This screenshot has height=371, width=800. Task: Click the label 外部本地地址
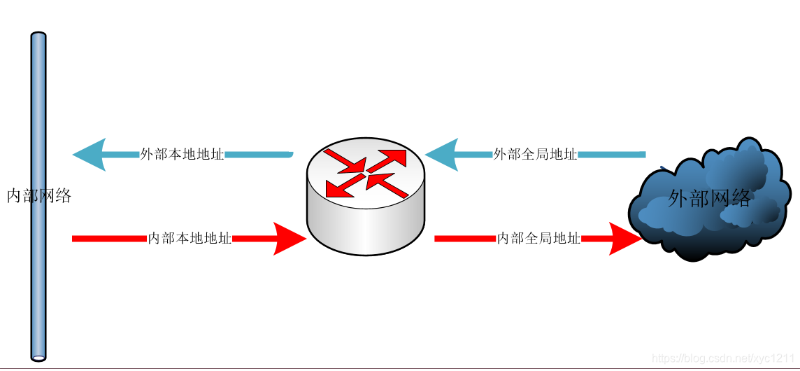tap(182, 154)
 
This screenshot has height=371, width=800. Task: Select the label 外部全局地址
tap(535, 154)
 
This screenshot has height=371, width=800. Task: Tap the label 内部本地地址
tap(190, 238)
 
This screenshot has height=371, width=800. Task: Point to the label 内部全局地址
tap(538, 238)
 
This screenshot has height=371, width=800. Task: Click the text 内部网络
tap(39, 196)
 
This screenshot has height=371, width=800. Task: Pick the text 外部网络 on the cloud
tap(709, 199)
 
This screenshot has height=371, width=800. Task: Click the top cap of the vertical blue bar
tap(38, 35)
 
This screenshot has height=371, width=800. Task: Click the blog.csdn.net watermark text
tap(724, 358)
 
